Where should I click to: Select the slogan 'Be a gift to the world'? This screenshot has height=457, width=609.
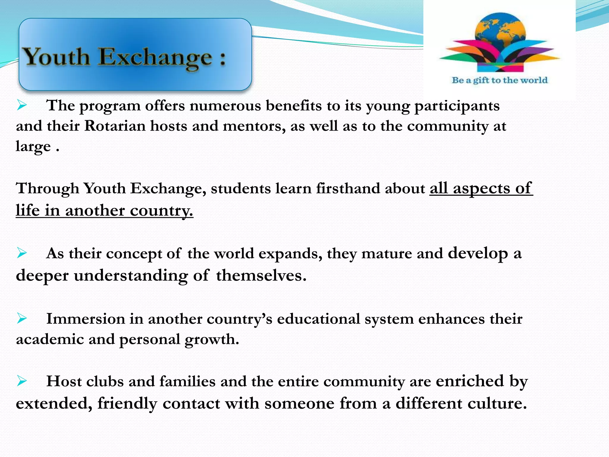click(x=500, y=80)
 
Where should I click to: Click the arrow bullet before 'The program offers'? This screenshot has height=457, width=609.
click(x=22, y=105)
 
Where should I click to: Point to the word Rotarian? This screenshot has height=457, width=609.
click(x=114, y=126)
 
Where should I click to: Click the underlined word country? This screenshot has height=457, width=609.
click(x=161, y=211)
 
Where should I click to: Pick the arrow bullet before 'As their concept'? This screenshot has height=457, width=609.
click(x=22, y=253)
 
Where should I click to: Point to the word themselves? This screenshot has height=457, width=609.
click(x=261, y=276)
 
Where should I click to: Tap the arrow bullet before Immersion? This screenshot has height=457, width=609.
click(x=22, y=318)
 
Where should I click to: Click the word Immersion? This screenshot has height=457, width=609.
click(x=85, y=319)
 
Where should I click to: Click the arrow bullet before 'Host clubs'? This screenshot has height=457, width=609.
click(x=22, y=381)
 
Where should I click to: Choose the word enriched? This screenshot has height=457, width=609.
click(x=470, y=381)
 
